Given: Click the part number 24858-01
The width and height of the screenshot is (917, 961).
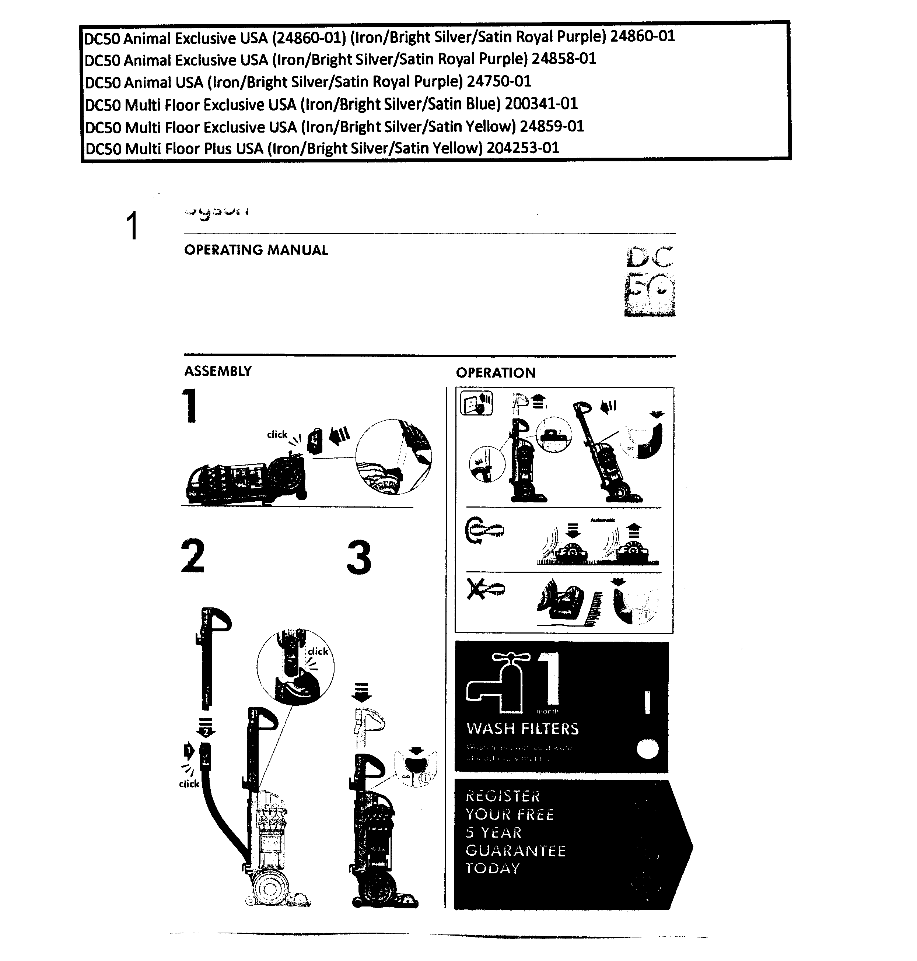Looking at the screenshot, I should tap(564, 59).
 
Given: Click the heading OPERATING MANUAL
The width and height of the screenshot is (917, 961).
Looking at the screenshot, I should tap(256, 250).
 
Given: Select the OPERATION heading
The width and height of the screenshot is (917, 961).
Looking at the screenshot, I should tap(496, 373).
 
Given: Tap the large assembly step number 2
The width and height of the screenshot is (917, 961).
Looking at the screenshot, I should tap(193, 556).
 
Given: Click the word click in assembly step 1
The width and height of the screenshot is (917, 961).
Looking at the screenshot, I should tap(277, 435).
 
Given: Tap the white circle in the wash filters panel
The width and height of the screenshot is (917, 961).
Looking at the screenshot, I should tap(648, 749).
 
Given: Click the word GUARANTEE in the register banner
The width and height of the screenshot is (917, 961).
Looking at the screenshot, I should tap(515, 850).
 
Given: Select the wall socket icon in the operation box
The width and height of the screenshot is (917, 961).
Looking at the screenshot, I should tap(476, 404).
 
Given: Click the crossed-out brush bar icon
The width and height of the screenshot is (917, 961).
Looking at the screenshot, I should tap(485, 589).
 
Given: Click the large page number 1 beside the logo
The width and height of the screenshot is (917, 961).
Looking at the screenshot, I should tap(132, 226).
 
